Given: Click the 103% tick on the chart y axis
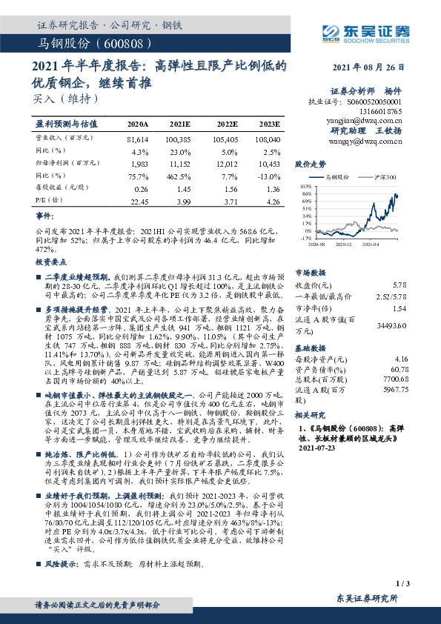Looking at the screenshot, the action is pyautogui.click(x=305, y=187).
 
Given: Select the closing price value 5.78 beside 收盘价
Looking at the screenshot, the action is pyautogui.click(x=399, y=285).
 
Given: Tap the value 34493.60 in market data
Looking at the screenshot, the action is pyautogui.click(x=391, y=325).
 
